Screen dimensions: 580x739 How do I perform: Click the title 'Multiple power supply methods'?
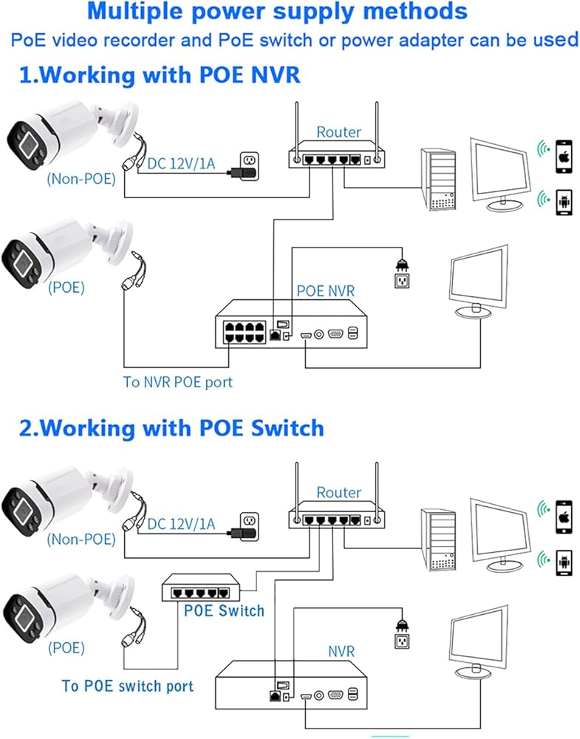tap(277, 13)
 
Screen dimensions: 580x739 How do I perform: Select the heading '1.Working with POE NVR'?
tap(160, 75)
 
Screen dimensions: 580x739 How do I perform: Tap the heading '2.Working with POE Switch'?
tap(171, 428)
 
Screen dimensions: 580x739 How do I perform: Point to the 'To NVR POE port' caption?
tap(178, 382)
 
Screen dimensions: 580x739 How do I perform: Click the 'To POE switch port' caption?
tap(128, 686)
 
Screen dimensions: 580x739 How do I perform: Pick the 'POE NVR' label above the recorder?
tap(326, 290)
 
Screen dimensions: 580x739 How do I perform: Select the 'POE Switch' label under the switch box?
tap(225, 611)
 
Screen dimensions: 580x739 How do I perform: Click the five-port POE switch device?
tap(201, 588)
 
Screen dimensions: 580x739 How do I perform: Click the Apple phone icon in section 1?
tap(564, 156)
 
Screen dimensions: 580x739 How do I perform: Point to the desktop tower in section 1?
tap(439, 179)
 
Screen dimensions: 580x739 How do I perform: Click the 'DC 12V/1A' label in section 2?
tap(181, 524)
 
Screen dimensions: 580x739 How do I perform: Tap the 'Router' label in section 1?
tap(339, 132)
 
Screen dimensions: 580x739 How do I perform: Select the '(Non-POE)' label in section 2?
tap(81, 539)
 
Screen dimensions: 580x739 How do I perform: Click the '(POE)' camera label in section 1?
tap(66, 287)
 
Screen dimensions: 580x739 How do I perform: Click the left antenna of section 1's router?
tap(296, 132)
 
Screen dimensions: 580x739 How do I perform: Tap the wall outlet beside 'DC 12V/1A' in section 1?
tap(250, 165)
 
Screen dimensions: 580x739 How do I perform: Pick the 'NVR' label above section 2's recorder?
tap(341, 651)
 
